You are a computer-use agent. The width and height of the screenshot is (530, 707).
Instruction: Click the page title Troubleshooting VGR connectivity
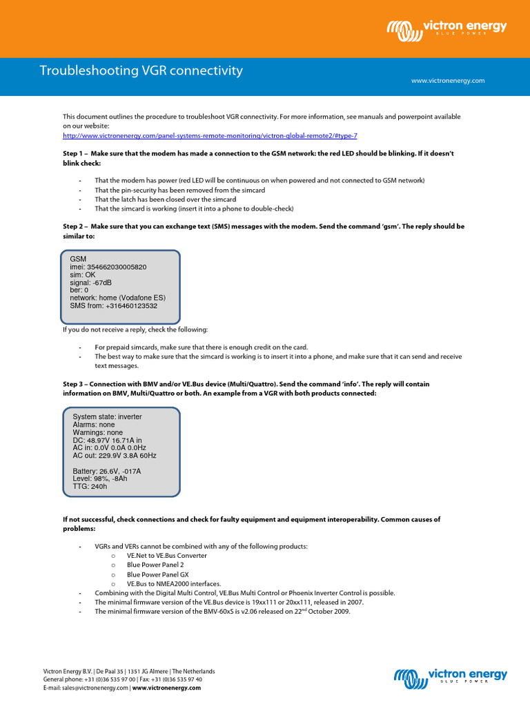coord(141,70)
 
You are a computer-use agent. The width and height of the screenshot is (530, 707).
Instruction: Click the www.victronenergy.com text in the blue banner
coord(448,81)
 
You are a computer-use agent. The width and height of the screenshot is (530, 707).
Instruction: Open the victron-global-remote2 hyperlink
coord(210,136)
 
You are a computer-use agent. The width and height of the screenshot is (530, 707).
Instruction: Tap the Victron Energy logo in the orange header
coord(446,29)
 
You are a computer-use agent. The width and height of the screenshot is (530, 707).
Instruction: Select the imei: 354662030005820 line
coord(108,267)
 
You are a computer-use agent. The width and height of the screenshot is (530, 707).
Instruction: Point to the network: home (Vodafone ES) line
coord(117,298)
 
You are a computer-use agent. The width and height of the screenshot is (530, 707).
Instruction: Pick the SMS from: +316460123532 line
coord(113,306)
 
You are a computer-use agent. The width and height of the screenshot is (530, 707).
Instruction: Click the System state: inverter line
coord(107,417)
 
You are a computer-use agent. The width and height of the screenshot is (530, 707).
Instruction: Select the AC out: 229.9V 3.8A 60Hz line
coord(115,456)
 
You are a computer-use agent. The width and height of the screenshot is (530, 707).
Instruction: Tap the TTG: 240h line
coord(90,486)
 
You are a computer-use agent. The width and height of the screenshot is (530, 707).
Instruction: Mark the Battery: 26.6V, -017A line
coord(106,471)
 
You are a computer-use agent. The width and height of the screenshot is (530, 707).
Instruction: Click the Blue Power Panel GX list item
coord(157,574)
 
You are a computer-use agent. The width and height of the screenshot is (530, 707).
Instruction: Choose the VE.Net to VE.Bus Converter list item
coord(166,555)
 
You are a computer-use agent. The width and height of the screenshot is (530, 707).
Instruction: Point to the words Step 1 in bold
coord(75,152)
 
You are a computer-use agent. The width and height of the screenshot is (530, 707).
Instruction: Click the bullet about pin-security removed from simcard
coord(179,190)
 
